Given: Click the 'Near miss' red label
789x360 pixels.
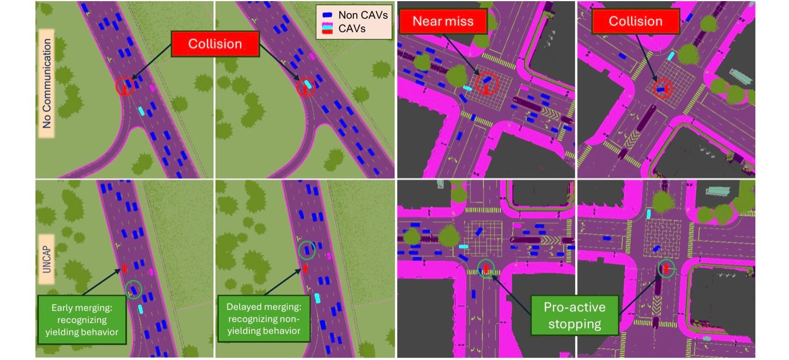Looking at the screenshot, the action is point(443,22).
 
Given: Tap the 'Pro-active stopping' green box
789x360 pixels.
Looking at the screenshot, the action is point(575,315).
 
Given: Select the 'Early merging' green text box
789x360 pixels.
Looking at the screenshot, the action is point(82,319).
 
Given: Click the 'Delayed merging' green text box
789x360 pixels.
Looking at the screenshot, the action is point(264,318).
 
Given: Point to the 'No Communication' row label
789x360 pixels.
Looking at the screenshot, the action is point(46,83).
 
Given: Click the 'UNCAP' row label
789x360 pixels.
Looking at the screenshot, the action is point(46,259).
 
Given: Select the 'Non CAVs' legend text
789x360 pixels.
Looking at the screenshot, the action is point(363,15).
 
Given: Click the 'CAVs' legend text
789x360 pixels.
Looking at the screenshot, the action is point(352,29).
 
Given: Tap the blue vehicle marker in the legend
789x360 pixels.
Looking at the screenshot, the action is point(328,15).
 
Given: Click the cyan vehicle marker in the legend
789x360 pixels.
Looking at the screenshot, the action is point(328,26).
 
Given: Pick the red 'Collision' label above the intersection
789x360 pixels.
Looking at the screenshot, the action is point(635,22).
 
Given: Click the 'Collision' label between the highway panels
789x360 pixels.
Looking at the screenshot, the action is point(215,44).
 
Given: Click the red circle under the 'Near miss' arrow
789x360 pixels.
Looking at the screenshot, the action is point(487,83).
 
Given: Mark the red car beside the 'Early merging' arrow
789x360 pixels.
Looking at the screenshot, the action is point(124,269).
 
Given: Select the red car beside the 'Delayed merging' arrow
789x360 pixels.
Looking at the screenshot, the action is point(305,269).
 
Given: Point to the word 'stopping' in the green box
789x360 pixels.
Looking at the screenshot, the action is point(575,324).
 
